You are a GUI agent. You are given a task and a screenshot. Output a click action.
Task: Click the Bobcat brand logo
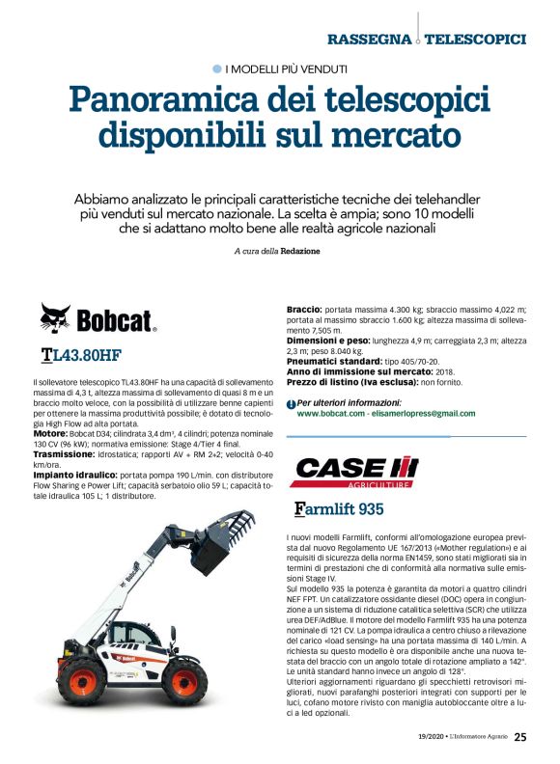[98, 317]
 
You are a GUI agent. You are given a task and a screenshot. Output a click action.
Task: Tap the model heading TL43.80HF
[81, 355]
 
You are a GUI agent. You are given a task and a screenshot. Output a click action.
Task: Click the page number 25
[520, 737]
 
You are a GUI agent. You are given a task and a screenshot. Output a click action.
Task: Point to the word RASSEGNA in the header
[369, 40]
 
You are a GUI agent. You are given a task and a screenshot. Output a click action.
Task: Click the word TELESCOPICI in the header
[475, 40]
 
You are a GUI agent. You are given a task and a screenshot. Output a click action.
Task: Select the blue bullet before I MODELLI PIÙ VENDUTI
[216, 68]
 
